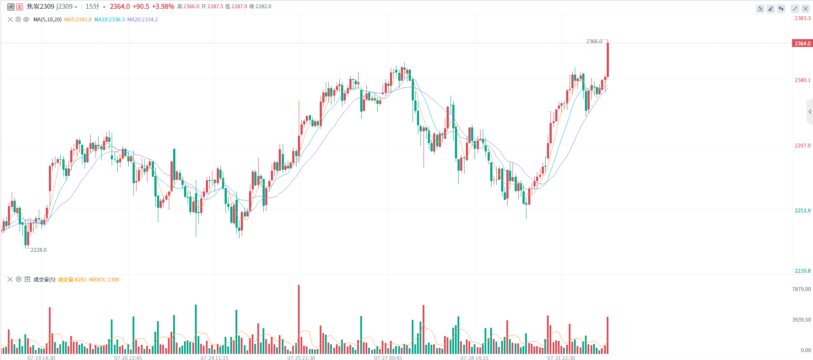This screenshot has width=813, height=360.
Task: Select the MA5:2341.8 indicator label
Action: point(78,20)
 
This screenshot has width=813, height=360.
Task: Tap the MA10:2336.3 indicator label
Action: point(109,20)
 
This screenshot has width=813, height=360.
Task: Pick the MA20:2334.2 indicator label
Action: point(143,20)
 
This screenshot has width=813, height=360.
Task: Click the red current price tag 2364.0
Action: point(802,44)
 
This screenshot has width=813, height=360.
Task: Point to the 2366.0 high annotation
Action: point(594,41)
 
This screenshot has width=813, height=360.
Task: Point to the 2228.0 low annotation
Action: point(38,250)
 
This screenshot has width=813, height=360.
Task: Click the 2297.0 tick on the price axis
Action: point(802,146)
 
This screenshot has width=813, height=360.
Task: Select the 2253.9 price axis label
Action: point(802,211)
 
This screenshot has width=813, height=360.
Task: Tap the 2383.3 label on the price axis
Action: point(802,18)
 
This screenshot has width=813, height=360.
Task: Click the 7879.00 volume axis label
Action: point(801,289)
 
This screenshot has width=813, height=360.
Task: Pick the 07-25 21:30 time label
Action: point(301,358)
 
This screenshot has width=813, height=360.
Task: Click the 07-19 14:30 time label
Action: point(41,358)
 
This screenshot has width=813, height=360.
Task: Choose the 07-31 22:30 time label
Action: point(561,358)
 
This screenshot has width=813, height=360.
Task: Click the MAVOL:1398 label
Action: point(104,280)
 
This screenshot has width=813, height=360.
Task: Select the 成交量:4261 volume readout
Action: point(72,280)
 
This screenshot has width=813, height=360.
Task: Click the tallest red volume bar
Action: point(299,319)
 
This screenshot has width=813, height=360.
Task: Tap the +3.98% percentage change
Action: point(163,7)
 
